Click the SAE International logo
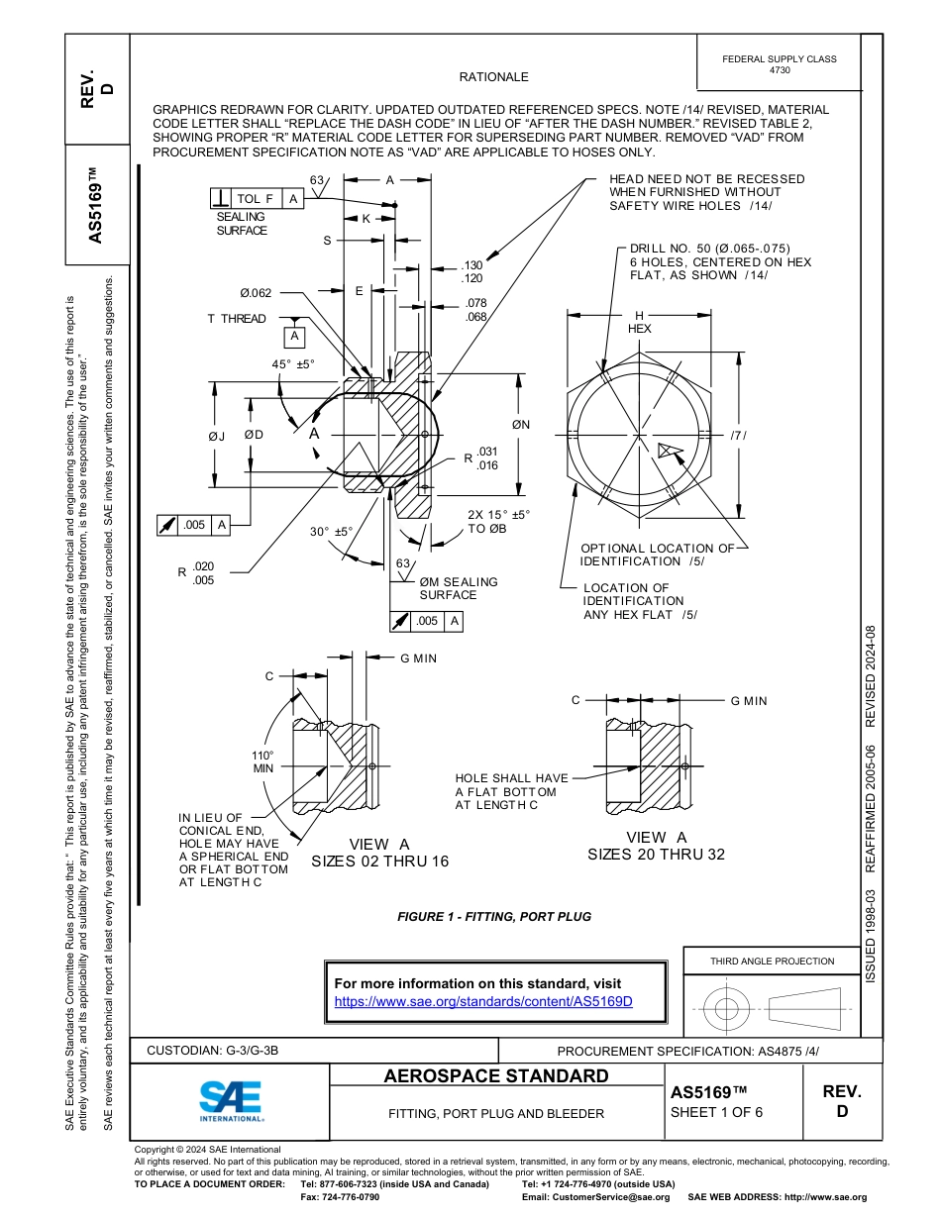coord(231,1099)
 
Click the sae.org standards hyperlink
coord(483,1001)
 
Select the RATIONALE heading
coord(493,77)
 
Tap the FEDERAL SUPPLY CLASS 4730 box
coord(779,64)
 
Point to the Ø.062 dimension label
coord(256,292)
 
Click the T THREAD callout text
coord(237,318)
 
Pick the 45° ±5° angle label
coord(293,364)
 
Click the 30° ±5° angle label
coord(331,532)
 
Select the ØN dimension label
coord(521,425)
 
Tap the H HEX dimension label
coord(639,322)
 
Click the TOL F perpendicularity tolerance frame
coord(256,199)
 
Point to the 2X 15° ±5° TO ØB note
coord(498,522)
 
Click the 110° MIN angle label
coord(262,761)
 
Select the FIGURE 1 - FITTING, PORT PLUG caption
coord(493,917)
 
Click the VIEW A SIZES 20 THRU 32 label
coord(656,846)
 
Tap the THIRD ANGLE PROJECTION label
coord(772,961)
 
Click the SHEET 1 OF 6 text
coord(716,1111)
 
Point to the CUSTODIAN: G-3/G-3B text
coord(219,1051)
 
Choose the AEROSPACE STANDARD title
coord(495,1076)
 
